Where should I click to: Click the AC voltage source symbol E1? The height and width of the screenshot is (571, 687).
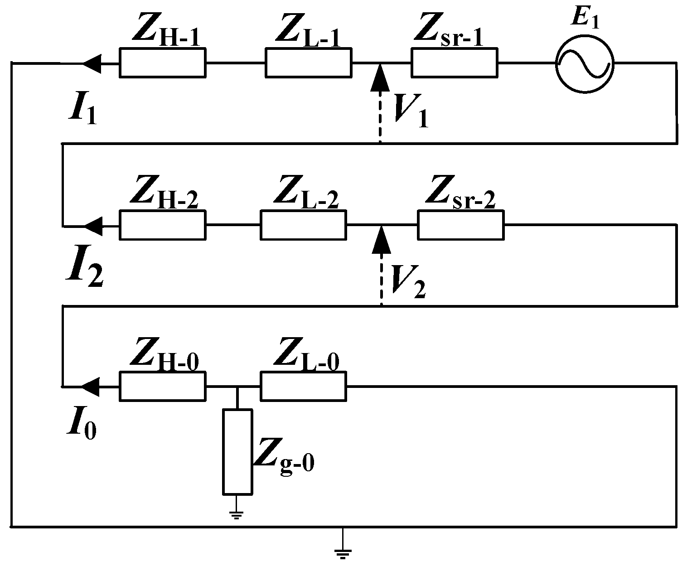pyautogui.click(x=585, y=63)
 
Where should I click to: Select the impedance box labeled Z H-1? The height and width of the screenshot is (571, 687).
pyautogui.click(x=163, y=63)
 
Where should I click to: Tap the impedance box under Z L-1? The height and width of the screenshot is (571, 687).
pyautogui.click(x=308, y=63)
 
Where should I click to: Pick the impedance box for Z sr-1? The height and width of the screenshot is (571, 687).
pyautogui.click(x=454, y=63)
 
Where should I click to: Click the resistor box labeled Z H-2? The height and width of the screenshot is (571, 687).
pyautogui.click(x=163, y=225)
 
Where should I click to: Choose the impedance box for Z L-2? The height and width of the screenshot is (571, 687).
pyautogui.click(x=303, y=225)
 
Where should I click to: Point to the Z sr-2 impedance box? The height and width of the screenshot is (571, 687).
pyautogui.click(x=461, y=225)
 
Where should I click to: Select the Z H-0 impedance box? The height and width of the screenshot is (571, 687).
pyautogui.click(x=163, y=386)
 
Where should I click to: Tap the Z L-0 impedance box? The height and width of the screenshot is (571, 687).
pyautogui.click(x=303, y=386)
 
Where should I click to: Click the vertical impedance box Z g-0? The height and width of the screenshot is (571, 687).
pyautogui.click(x=237, y=451)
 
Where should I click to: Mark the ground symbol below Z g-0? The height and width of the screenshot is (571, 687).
pyautogui.click(x=237, y=513)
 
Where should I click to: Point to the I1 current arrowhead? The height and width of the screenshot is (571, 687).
pyautogui.click(x=92, y=63)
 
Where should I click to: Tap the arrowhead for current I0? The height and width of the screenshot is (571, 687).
pyautogui.click(x=92, y=386)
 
